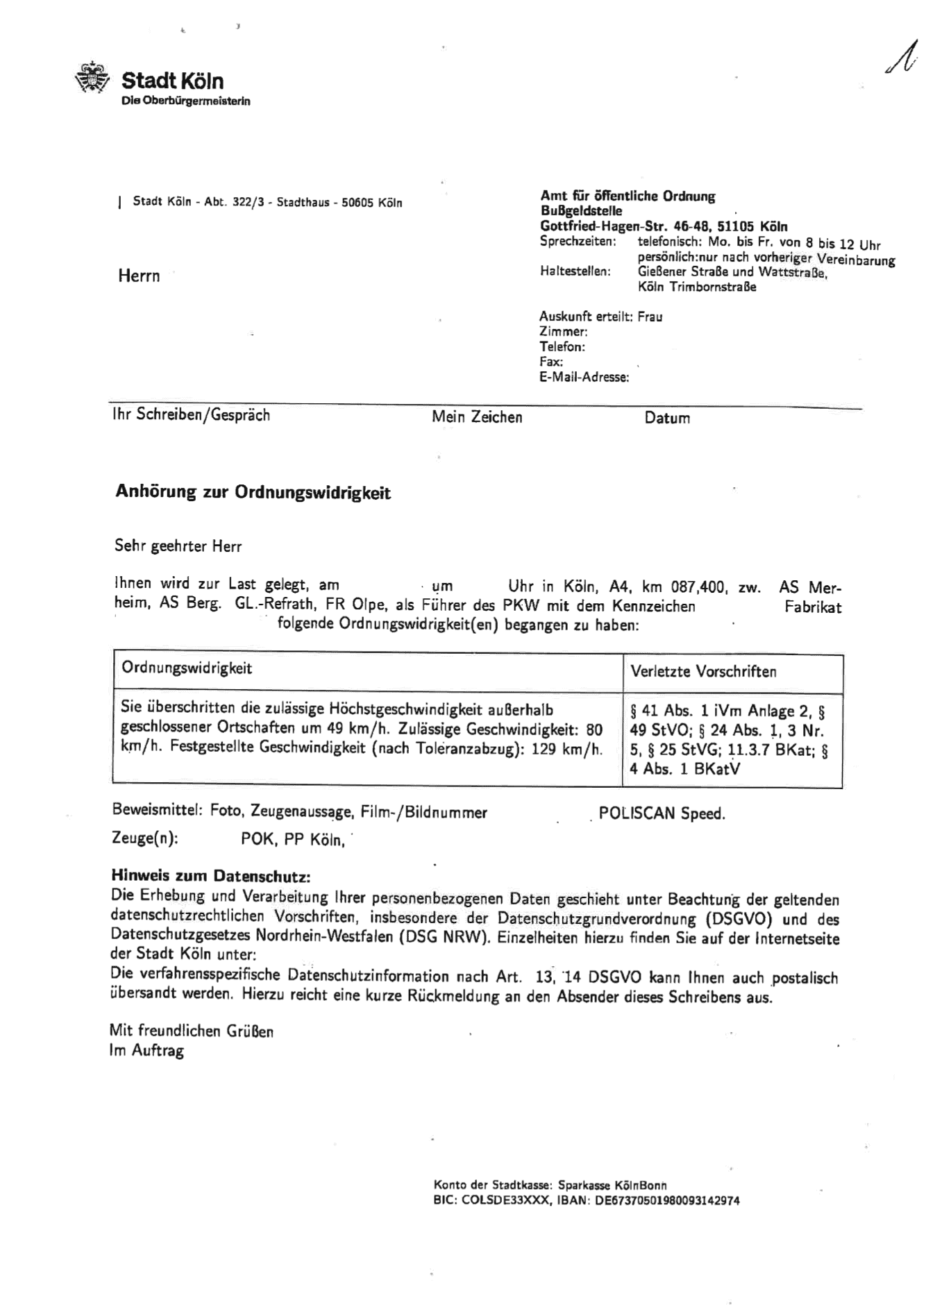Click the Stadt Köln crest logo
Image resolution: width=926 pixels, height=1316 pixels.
tap(92, 78)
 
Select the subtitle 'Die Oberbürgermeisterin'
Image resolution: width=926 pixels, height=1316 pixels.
tap(185, 101)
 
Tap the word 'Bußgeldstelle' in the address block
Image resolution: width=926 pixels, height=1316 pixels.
tap(581, 211)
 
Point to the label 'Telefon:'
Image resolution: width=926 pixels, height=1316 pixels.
tap(562, 346)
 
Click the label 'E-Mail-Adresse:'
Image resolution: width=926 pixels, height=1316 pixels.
tap(584, 378)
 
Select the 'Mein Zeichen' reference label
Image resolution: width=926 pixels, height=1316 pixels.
tap(477, 417)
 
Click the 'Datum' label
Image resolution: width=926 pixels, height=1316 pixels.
tap(666, 418)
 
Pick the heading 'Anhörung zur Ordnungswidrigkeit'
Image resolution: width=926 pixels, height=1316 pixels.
tap(253, 493)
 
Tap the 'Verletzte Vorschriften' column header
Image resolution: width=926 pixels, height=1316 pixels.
tap(703, 671)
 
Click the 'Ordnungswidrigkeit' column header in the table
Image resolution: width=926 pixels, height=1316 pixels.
tap(187, 668)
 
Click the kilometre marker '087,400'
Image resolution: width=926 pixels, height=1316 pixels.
tap(698, 587)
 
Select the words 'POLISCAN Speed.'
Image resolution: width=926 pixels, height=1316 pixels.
tap(662, 813)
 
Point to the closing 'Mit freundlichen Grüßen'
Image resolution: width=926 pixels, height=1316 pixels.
tap(192, 1031)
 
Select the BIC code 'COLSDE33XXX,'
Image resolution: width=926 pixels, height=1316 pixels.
tap(502, 1200)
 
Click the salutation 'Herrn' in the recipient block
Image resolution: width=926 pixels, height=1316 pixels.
tap(139, 276)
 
